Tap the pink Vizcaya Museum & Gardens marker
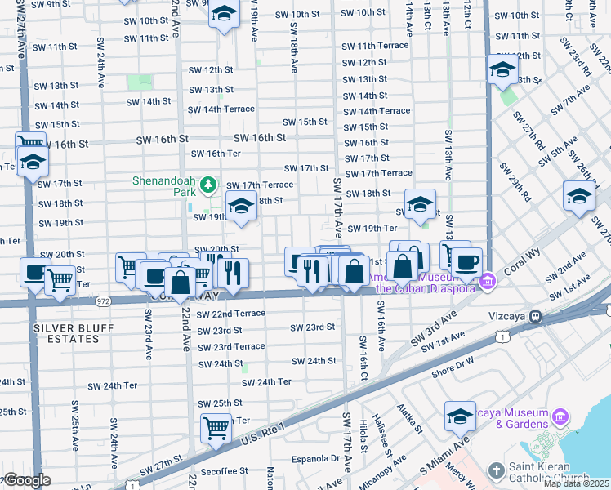pos(560,417)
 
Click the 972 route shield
pos(103,301)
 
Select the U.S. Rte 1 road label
pos(264,434)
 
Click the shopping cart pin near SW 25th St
pos(216,427)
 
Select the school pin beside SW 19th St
pos(241,208)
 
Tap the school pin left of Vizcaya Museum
pos(460,416)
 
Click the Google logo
pos(26,481)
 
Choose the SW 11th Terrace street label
pos(375,46)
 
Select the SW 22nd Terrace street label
pos(232,314)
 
